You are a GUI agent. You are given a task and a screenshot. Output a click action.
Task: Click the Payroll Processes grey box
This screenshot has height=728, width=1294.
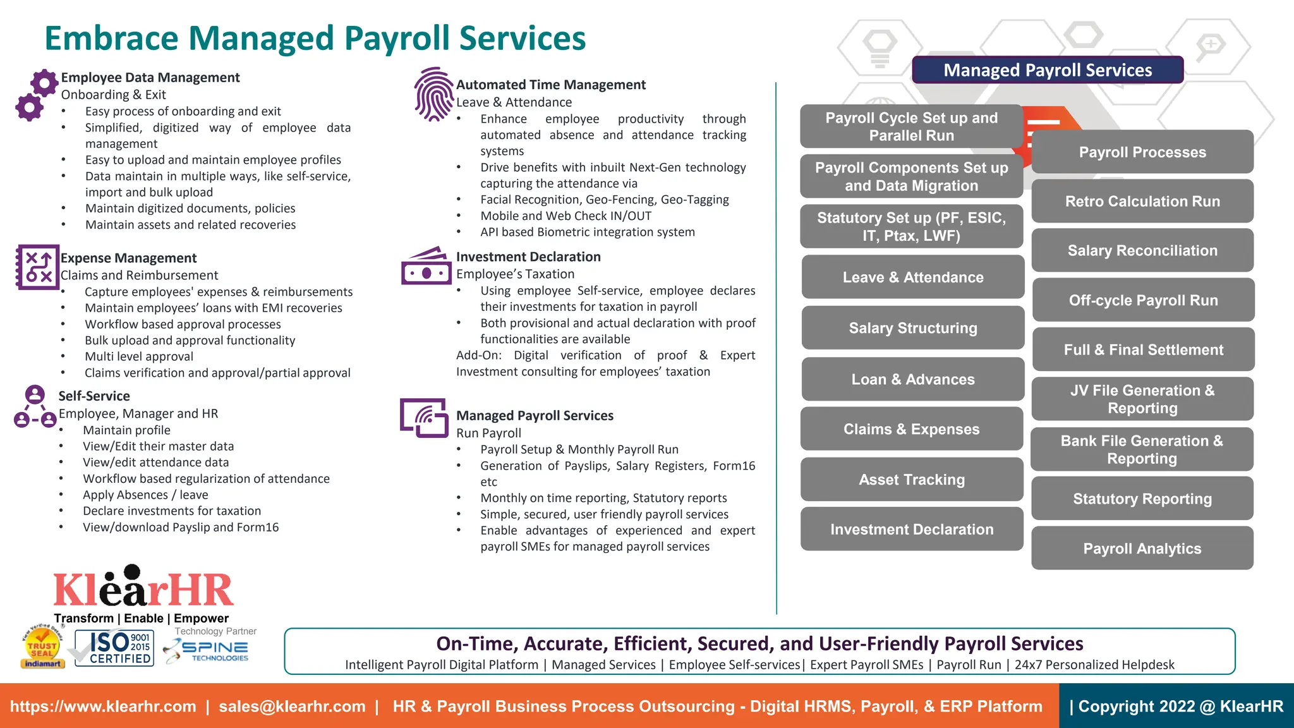tap(1142, 152)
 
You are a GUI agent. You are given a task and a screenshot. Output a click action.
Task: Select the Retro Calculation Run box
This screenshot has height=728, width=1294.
tap(1142, 202)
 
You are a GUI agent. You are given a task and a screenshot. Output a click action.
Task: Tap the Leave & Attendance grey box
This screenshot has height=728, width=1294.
tap(912, 277)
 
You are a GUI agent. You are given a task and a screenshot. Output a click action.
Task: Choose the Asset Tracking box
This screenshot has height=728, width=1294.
tap(911, 480)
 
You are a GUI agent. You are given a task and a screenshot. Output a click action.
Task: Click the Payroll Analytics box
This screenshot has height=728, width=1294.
tap(1142, 549)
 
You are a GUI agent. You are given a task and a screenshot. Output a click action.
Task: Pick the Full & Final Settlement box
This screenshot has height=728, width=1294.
tap(1143, 349)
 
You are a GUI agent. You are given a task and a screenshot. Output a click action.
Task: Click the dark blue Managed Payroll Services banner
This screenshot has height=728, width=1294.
tap(1048, 70)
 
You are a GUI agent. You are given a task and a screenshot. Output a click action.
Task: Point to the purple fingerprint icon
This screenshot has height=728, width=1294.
tap(433, 94)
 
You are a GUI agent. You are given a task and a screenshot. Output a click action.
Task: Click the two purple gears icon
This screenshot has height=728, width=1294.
tap(35, 95)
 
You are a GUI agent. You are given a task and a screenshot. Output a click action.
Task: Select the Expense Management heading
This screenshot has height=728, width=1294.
tap(128, 258)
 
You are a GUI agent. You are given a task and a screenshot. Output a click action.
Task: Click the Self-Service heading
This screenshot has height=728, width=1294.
tap(94, 396)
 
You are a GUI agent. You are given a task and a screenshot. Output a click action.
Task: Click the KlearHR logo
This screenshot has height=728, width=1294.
tap(143, 588)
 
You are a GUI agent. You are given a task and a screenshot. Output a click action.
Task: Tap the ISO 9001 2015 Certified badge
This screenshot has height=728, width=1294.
tap(114, 648)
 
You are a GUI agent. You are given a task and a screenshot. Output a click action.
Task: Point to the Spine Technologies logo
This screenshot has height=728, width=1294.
tap(207, 650)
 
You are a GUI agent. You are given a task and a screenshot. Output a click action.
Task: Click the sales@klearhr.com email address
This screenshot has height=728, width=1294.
tap(292, 707)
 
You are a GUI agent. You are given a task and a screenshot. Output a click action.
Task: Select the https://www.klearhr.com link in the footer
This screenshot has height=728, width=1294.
tap(103, 707)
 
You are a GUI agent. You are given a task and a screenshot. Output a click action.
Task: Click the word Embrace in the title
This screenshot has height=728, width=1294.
tap(112, 39)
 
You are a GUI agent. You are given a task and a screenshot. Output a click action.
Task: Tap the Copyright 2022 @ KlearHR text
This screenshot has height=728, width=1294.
tap(1179, 707)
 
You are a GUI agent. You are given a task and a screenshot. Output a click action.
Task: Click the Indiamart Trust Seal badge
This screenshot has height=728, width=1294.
tap(42, 647)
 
